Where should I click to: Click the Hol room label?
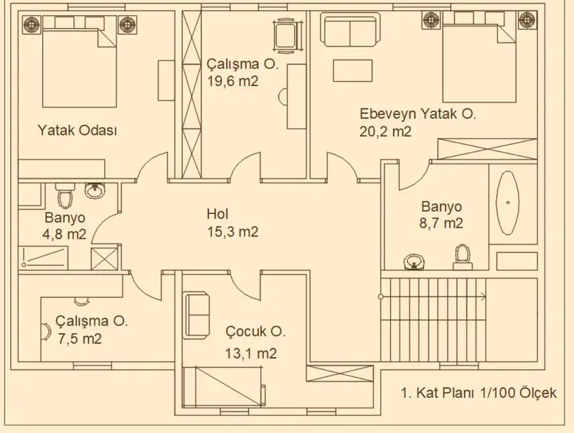[x=218, y=214]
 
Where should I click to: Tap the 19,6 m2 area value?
[x=232, y=81]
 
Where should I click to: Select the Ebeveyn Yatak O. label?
[x=418, y=114]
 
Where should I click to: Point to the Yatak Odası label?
[x=77, y=131]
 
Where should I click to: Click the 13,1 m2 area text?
[x=250, y=353]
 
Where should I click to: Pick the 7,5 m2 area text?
[x=80, y=338]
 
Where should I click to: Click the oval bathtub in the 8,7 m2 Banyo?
[x=507, y=202]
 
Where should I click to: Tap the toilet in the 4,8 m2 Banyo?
[x=65, y=195]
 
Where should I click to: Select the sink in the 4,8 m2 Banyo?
[x=95, y=190]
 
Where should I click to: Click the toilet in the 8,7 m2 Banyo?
[x=462, y=258]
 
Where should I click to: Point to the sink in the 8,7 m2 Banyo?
[x=414, y=262]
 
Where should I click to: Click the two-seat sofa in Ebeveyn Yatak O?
[x=350, y=29]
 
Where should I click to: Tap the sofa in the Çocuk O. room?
[x=197, y=314]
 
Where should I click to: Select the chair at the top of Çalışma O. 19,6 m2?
[x=288, y=36]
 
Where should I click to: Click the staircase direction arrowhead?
[x=484, y=297]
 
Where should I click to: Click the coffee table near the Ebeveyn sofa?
[x=352, y=70]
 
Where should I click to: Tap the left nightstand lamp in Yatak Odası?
[x=32, y=24]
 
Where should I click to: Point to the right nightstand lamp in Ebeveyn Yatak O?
[x=528, y=19]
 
